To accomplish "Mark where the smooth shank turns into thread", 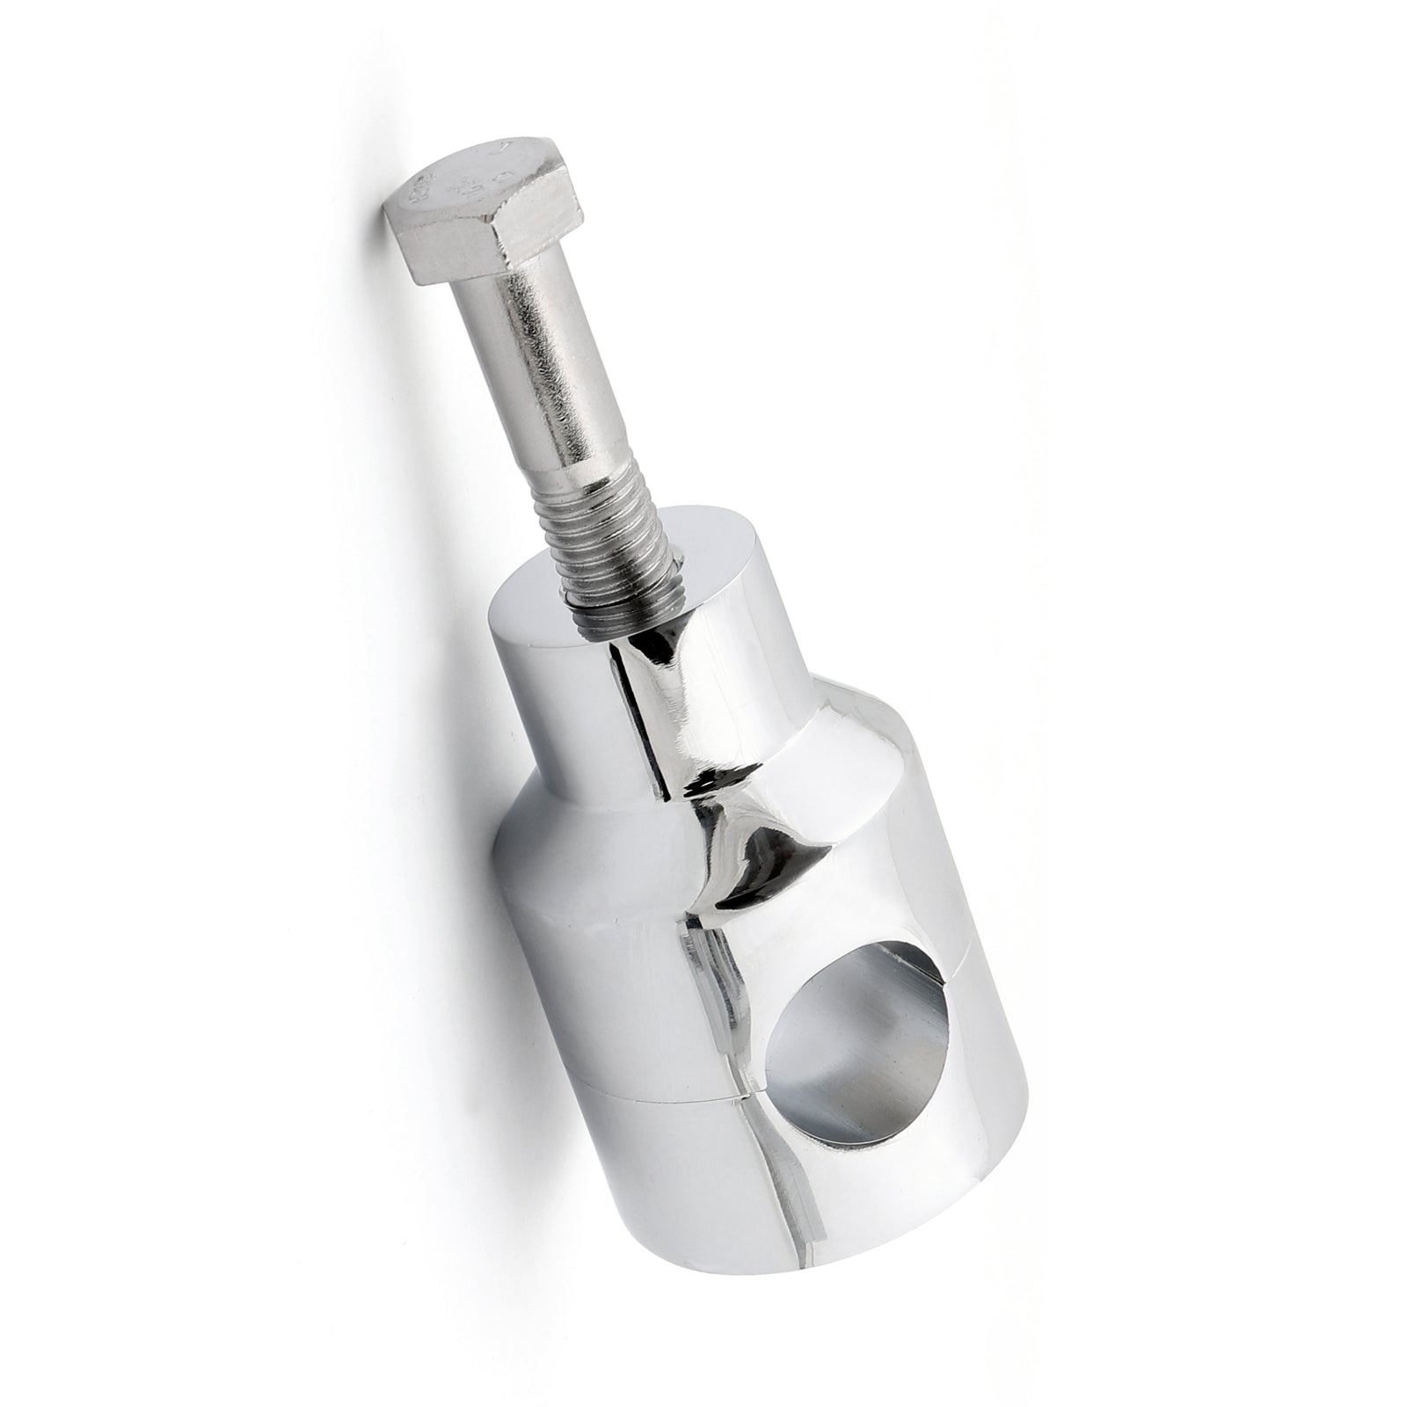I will (563, 479).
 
